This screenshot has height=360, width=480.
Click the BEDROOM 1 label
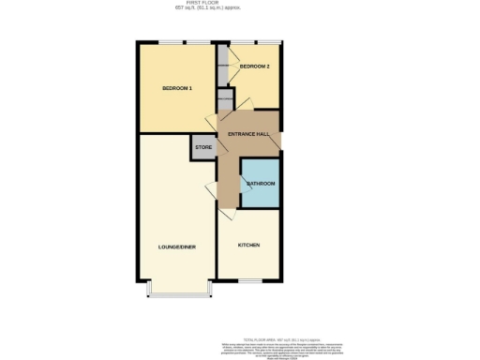177,88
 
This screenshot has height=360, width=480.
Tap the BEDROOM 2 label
255,67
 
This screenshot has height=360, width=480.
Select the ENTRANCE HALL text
249,135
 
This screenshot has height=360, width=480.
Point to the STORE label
203,147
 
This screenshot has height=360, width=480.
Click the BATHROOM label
261,184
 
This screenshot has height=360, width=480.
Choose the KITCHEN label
248,245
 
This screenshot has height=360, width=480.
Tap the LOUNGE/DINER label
176,247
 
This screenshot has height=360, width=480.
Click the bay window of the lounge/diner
179,296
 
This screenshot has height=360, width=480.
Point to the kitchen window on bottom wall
248,281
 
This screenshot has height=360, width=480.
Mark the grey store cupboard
203,147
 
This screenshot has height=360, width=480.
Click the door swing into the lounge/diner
212,192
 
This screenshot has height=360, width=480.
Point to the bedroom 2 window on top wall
256,42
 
